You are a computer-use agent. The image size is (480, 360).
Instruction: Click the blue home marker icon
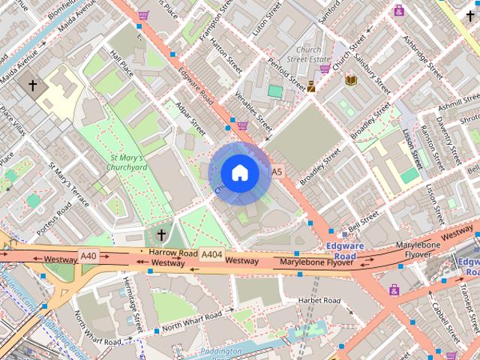pyautogui.click(x=239, y=172)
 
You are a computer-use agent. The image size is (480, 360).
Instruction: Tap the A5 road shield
pyautogui.click(x=277, y=172)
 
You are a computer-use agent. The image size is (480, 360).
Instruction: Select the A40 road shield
pyautogui.click(x=88, y=256)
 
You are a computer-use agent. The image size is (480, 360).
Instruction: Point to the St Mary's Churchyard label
pyautogui.click(x=129, y=163)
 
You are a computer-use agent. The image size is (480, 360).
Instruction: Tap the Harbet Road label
pyautogui.click(x=319, y=301)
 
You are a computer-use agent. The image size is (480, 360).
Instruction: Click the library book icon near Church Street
pyautogui.click(x=350, y=79)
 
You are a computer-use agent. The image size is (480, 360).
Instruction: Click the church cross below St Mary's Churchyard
pyautogui.click(x=161, y=235)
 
